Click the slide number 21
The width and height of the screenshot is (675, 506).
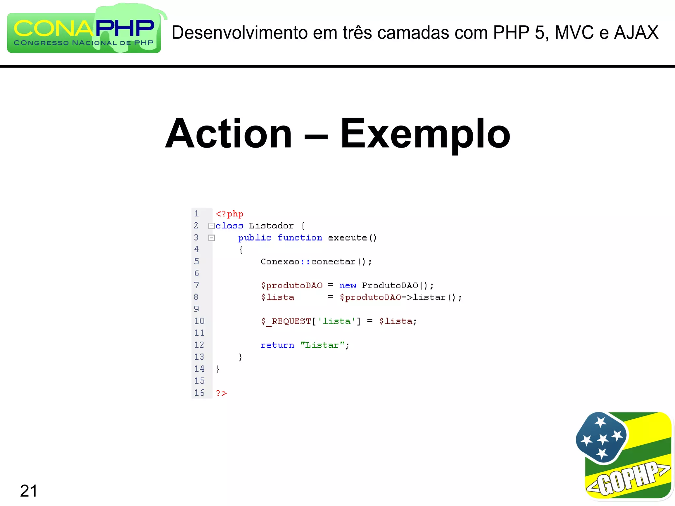tap(29, 491)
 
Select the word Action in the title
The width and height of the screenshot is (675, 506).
tap(228, 133)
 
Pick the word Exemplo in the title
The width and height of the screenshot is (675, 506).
tap(425, 133)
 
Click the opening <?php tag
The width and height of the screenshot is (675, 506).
tap(229, 214)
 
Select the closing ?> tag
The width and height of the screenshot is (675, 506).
tap(221, 393)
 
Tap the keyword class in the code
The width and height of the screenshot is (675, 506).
tap(229, 226)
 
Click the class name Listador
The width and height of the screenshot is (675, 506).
tap(271, 226)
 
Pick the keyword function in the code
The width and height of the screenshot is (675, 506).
tap(300, 238)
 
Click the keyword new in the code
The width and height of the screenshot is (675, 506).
tap(348, 285)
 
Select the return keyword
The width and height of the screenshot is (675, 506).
tap(277, 345)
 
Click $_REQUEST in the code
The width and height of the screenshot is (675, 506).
tap(286, 321)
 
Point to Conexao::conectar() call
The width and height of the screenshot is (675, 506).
tap(316, 262)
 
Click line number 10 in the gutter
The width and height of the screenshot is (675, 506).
tap(199, 321)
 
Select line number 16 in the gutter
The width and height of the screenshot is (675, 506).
tap(199, 393)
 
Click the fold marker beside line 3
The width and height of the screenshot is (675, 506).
tap(212, 238)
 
